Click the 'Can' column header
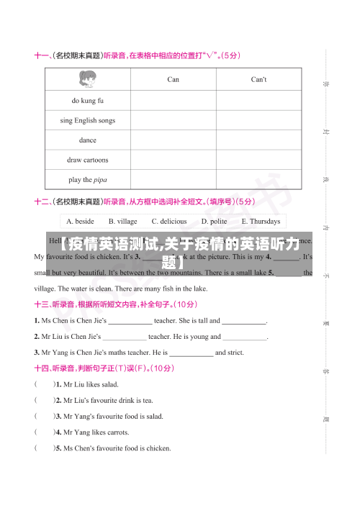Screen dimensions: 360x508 click(x=173, y=79)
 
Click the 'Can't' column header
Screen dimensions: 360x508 click(x=258, y=79)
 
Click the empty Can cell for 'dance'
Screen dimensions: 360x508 click(x=173, y=140)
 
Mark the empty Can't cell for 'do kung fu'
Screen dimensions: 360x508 click(x=258, y=100)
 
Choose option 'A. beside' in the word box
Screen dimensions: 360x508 click(x=80, y=222)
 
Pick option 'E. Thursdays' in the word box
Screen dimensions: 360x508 click(x=261, y=222)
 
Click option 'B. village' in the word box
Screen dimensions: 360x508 click(x=122, y=222)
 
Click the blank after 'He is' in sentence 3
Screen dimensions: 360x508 click(x=191, y=353)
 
